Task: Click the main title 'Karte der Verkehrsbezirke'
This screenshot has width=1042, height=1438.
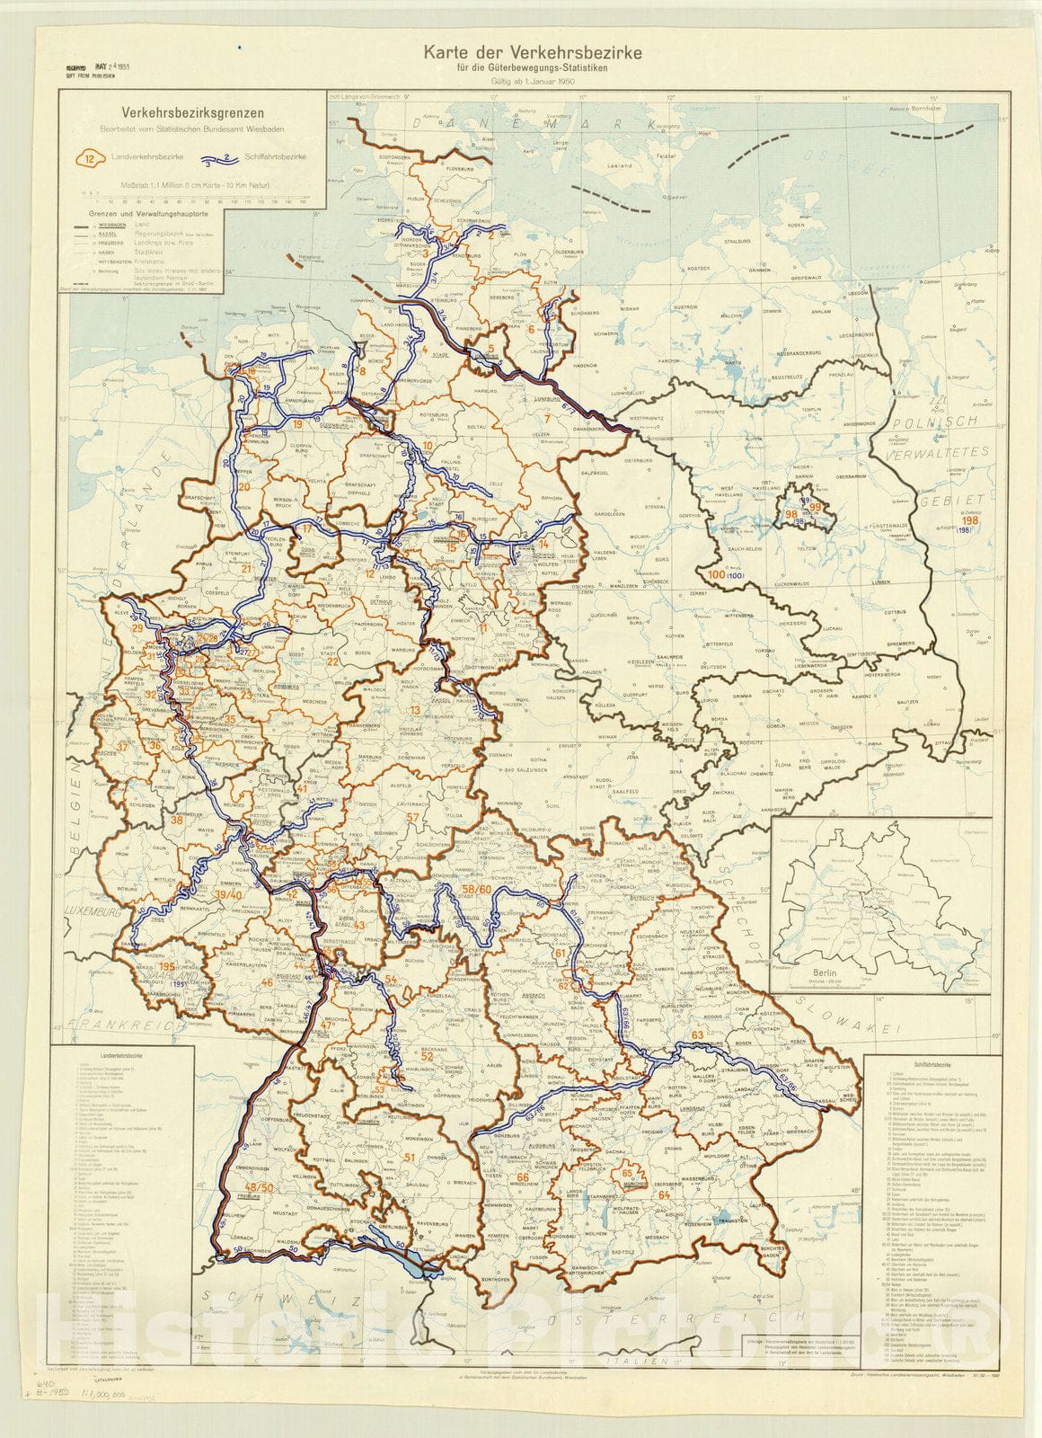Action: [520, 54]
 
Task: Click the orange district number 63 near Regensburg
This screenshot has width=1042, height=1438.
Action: [697, 1035]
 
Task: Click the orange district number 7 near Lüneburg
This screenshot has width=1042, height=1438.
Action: [546, 419]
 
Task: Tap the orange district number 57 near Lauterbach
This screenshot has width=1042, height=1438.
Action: [413, 816]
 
